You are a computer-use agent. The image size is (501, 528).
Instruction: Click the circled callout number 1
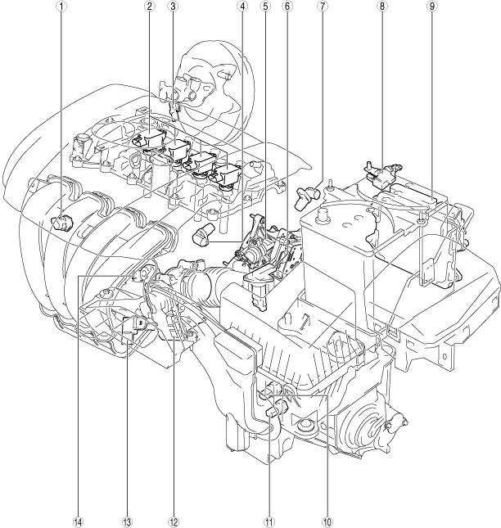pos(61,7)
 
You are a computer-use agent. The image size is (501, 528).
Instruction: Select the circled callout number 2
pos(150,7)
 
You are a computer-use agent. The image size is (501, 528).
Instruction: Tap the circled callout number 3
pos(174,7)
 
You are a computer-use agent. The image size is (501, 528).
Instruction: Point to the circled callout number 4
pos(242,7)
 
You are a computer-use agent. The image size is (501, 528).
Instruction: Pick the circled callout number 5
pos(265,7)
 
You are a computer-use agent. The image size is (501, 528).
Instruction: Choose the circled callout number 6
pos(287,7)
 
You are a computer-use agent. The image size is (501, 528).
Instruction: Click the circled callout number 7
pos(322,7)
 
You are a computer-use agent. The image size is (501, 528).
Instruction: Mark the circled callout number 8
pos(381,7)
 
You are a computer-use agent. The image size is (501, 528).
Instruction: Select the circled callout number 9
pos(432,7)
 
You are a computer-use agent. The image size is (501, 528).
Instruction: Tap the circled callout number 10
pos(327,522)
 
